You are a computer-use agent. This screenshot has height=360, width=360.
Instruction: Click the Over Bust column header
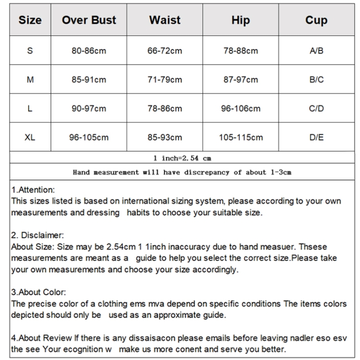click(x=89, y=20)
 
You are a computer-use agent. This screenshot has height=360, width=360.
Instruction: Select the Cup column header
click(x=316, y=20)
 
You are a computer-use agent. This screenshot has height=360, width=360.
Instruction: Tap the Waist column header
click(x=165, y=20)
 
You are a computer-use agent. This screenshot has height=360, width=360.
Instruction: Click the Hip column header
click(x=240, y=20)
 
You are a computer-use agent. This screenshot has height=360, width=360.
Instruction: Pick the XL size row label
click(x=30, y=137)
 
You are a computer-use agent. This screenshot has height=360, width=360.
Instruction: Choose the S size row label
click(x=30, y=51)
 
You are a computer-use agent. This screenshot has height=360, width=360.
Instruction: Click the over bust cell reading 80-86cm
click(x=89, y=51)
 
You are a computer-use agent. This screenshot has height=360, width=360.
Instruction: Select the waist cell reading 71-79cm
click(x=165, y=80)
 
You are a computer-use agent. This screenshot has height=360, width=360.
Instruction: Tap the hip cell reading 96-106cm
click(x=240, y=108)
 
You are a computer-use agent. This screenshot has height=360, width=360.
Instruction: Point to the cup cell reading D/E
click(x=316, y=137)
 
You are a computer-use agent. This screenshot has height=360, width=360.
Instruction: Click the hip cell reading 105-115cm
click(x=240, y=137)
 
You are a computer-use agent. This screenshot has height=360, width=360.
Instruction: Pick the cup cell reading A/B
click(x=316, y=51)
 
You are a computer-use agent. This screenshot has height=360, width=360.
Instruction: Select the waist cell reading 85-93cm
click(x=165, y=137)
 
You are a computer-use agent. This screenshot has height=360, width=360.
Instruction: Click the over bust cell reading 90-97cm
click(x=89, y=108)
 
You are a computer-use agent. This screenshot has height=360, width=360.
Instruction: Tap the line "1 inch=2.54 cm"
click(x=182, y=157)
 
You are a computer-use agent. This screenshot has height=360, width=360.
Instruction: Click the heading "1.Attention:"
click(x=33, y=190)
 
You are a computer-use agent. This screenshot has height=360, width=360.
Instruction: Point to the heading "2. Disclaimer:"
click(x=37, y=236)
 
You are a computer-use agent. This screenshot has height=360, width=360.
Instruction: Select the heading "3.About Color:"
click(x=38, y=292)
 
